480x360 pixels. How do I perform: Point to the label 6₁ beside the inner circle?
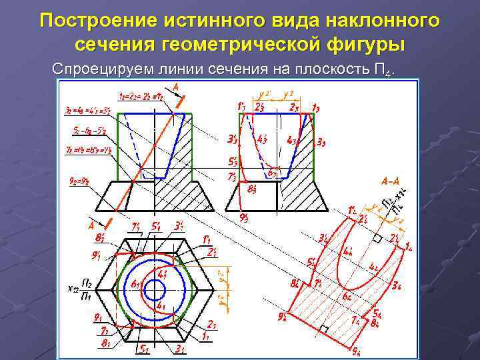(136, 285)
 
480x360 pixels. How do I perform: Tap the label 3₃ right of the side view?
(321, 141)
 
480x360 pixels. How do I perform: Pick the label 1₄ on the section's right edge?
(408, 247)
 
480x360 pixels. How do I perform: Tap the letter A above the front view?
(175, 87)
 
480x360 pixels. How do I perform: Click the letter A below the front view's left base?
(91, 225)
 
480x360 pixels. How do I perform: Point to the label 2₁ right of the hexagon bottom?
(211, 324)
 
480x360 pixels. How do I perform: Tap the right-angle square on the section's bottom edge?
(324, 329)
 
